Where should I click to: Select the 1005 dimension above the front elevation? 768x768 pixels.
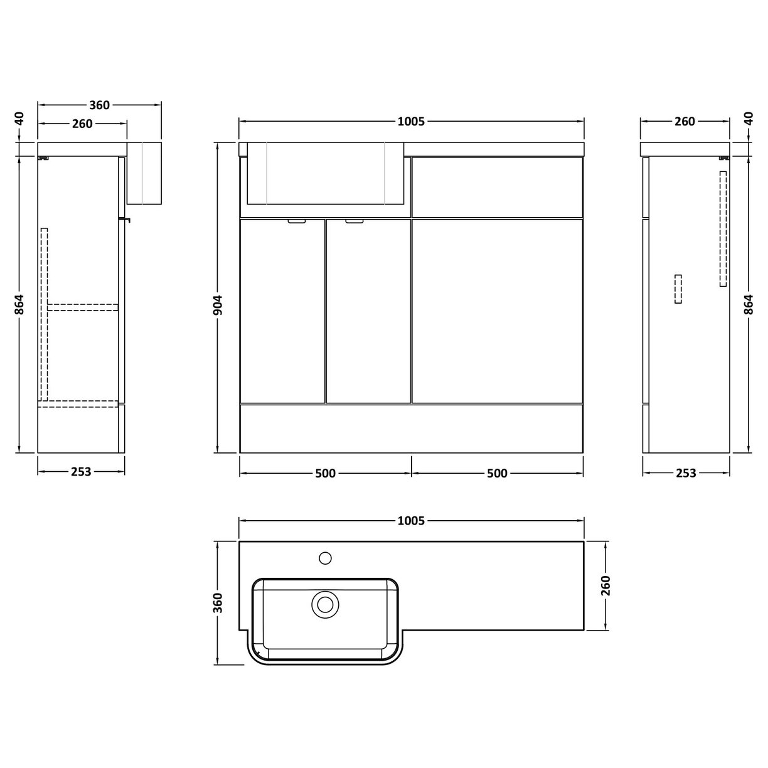411,122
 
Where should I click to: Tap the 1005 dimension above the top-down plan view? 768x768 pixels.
411,521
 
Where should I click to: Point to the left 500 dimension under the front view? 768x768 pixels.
325,473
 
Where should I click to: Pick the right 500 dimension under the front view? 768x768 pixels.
497,473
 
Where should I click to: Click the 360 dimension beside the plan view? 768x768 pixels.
218,602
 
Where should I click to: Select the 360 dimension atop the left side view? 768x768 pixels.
100,105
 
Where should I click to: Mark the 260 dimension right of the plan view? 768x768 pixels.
605,585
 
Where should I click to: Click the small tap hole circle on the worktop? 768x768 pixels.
326,557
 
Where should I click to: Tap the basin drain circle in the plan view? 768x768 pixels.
325,604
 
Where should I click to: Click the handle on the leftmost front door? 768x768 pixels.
297,221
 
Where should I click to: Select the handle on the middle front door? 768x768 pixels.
355,221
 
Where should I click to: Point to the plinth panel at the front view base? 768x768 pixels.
411,428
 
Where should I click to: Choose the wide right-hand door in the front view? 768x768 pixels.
497,311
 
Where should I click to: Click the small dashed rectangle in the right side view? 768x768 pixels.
678,289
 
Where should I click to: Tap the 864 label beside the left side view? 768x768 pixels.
19,304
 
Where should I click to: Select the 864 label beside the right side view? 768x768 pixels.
749,304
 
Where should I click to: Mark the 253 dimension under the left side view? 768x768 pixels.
82,471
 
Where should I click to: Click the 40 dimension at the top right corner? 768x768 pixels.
749,119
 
